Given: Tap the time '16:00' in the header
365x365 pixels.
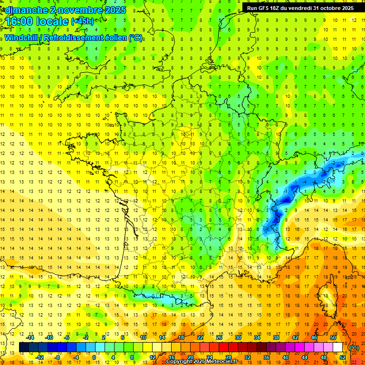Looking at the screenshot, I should pyautogui.click(x=24, y=21).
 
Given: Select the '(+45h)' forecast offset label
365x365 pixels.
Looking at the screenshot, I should pyautogui.click(x=82, y=21).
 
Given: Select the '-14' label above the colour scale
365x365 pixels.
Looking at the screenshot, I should pyautogui.click(x=30, y=337).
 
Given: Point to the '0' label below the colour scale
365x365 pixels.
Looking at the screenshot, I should pyautogui.click(x=94, y=357).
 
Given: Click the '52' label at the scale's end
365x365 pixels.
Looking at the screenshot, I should pyautogui.click(x=342, y=357).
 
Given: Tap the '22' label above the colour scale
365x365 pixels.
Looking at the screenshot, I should pyautogui.click(x=200, y=337).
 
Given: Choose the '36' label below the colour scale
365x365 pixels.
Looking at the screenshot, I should pyautogui.click(x=266, y=357).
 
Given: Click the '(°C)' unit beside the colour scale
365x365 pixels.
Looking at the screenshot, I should pyautogui.click(x=354, y=347).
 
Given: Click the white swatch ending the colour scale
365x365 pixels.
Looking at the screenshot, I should pyautogui.click(x=338, y=347).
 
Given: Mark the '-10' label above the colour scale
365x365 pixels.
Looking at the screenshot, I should pyautogui.click(x=49, y=337).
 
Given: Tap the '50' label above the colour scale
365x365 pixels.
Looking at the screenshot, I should pyautogui.click(x=333, y=337).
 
